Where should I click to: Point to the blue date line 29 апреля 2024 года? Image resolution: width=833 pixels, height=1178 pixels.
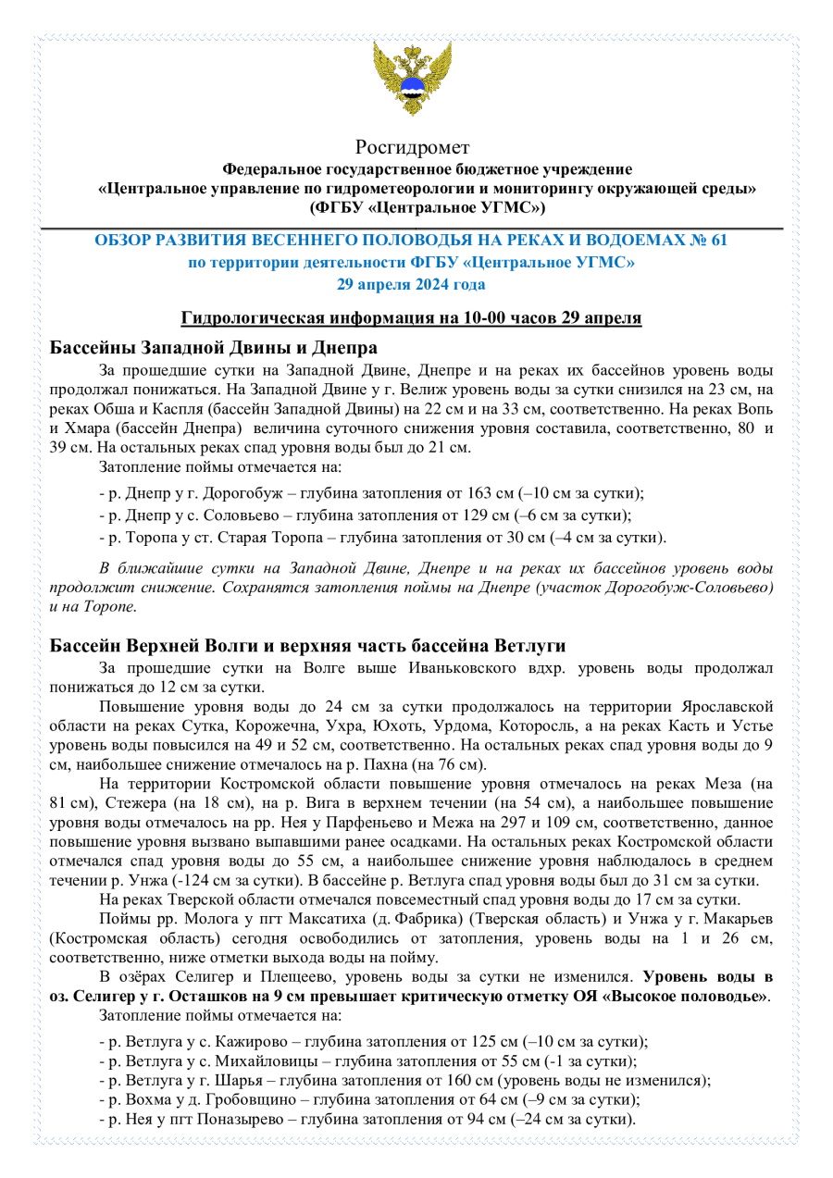412,283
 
